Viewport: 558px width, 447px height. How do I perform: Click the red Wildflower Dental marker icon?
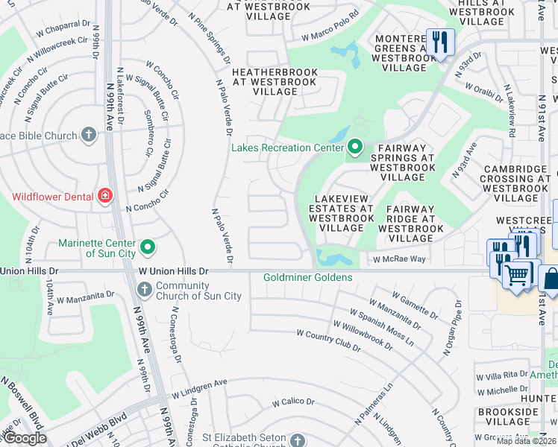coord(105,197)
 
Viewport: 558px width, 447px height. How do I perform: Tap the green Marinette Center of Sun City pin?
coord(148,246)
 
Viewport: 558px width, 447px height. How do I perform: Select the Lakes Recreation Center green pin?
coord(354,148)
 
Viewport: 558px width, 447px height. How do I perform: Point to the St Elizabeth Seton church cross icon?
coord(298,440)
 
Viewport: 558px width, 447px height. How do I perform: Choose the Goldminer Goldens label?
coord(307,278)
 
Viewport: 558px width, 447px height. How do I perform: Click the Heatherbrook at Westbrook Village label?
coord(275,82)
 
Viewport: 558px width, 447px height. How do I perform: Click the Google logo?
coord(25,438)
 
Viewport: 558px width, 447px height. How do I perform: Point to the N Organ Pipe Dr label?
coord(454,329)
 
